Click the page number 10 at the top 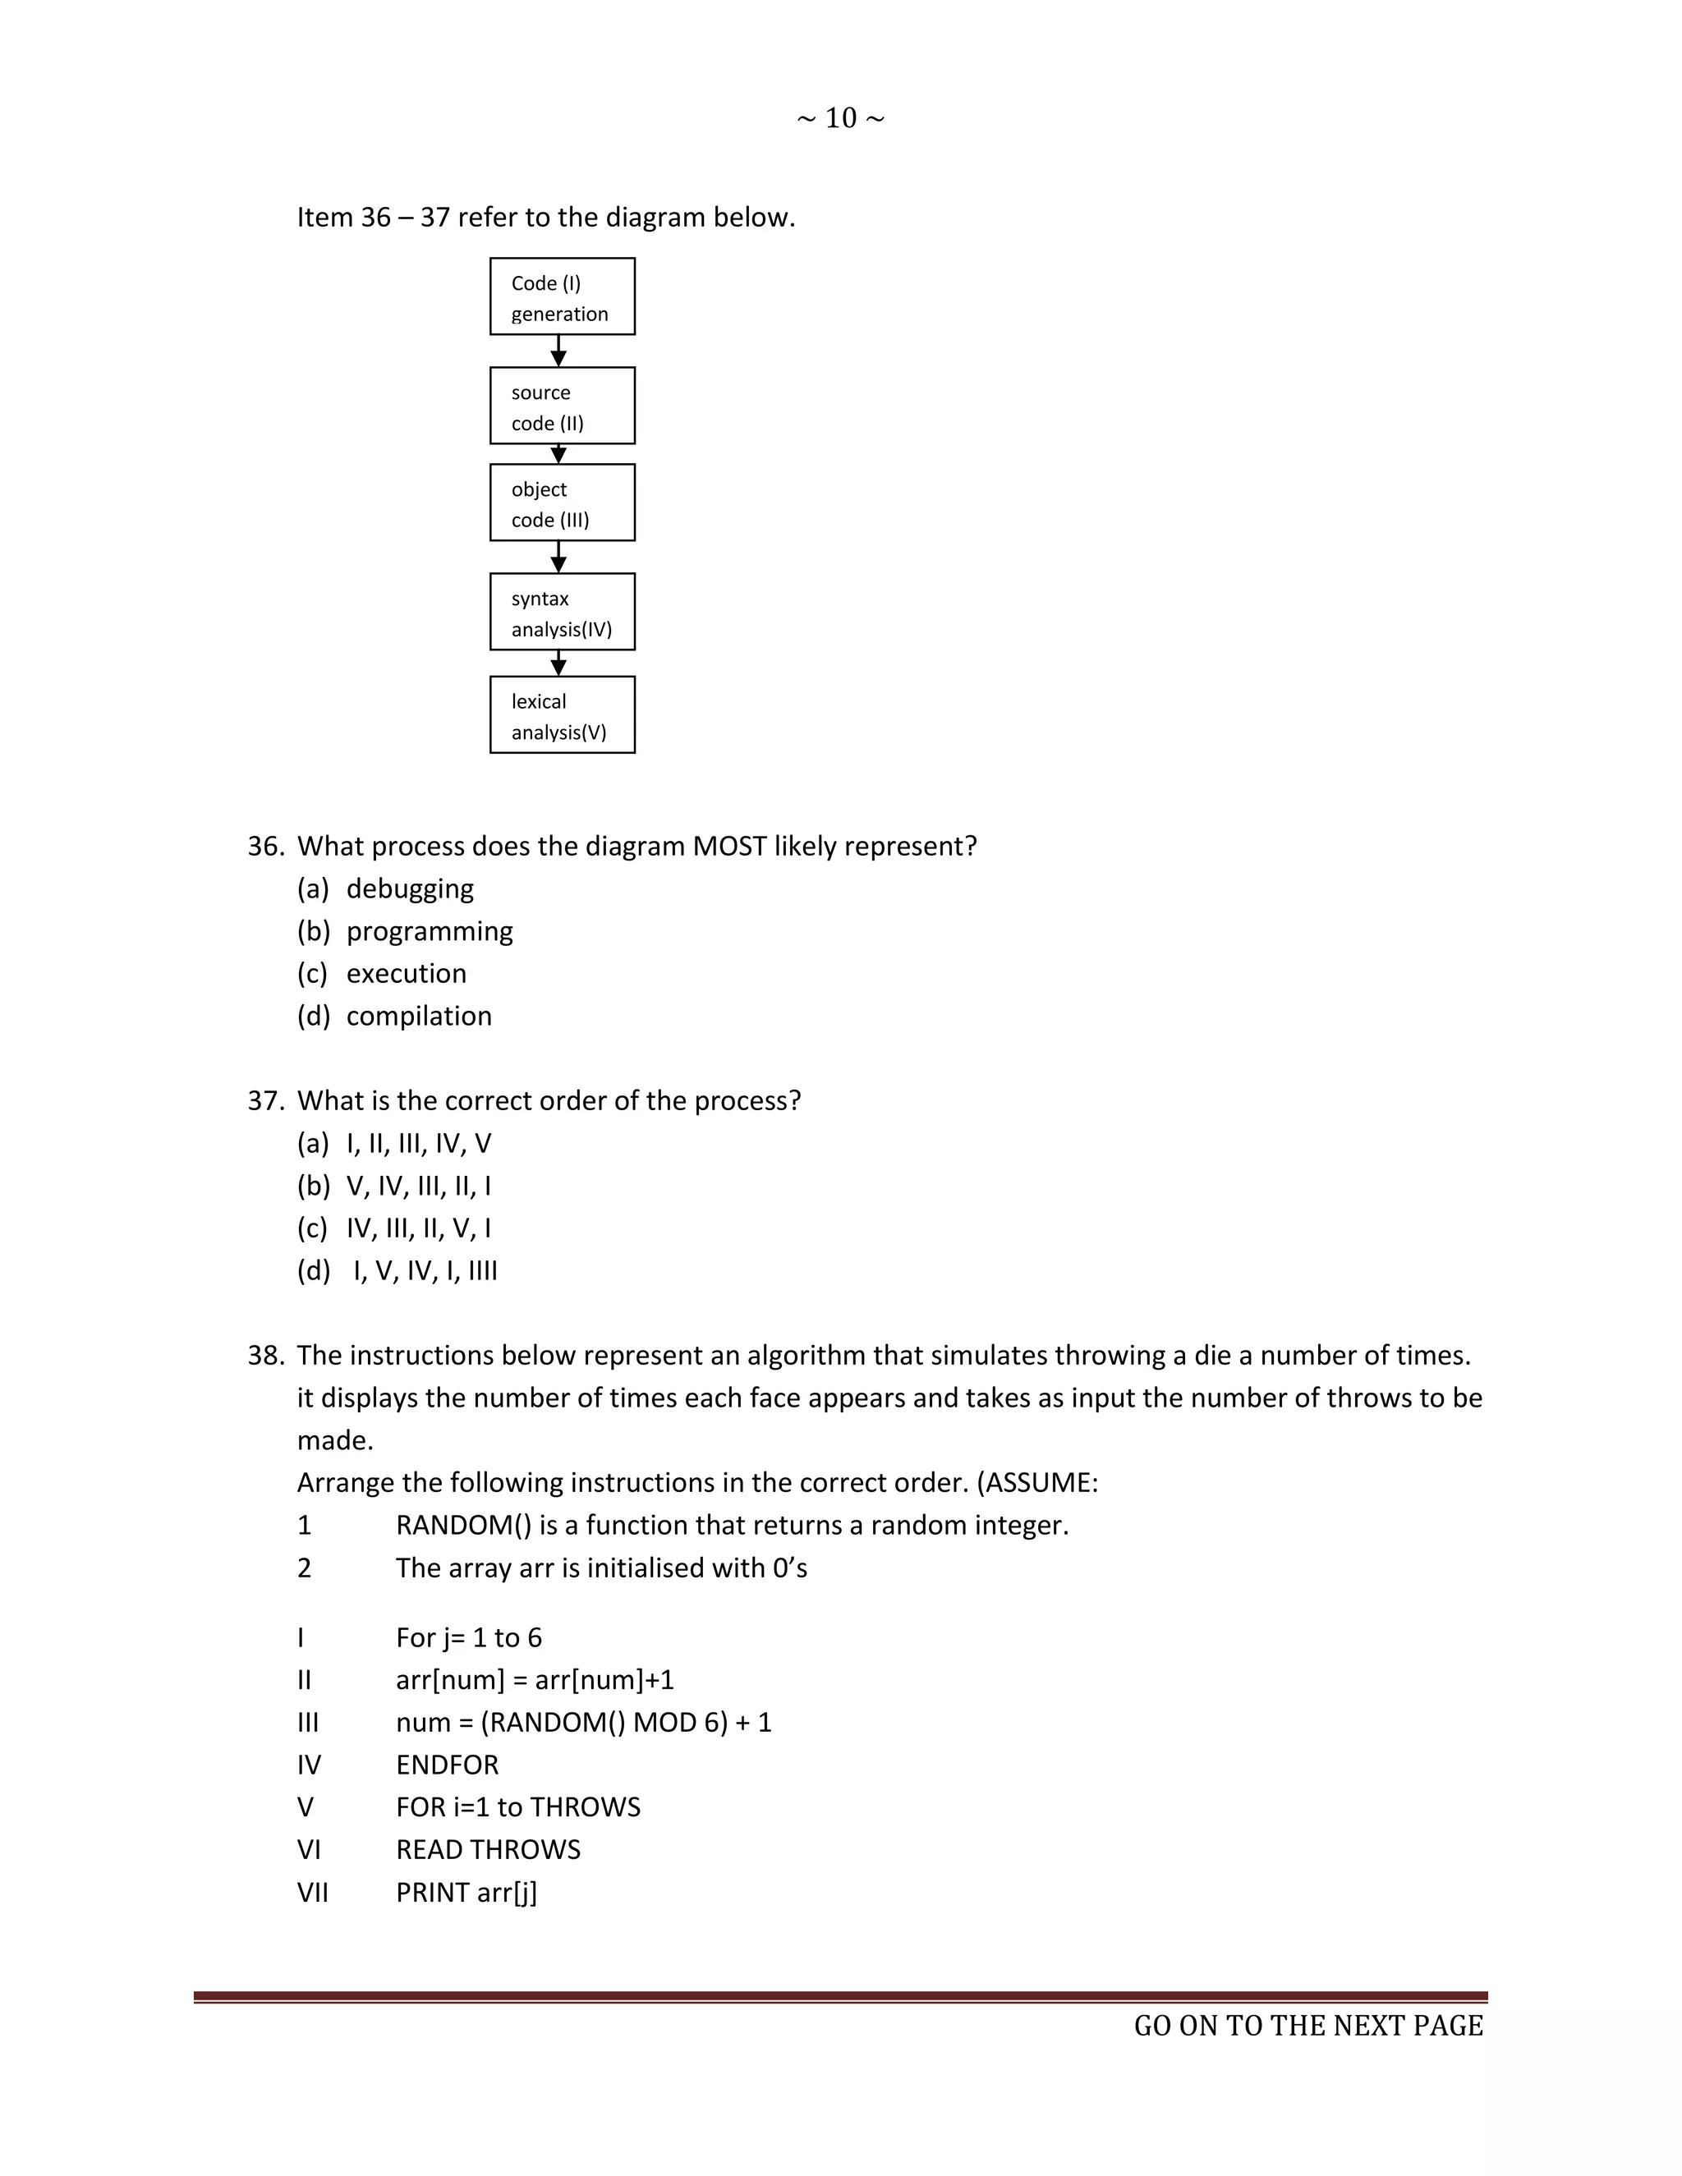(x=840, y=118)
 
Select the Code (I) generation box (x=562, y=297)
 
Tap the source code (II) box (x=562, y=406)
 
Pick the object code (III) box (x=562, y=503)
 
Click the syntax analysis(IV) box (x=562, y=613)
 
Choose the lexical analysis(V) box (x=562, y=715)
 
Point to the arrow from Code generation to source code (x=559, y=351)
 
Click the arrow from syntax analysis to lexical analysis (x=559, y=663)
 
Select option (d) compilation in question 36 (x=419, y=1017)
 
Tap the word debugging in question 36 (x=410, y=888)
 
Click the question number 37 (x=265, y=1101)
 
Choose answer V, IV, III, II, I (x=419, y=1186)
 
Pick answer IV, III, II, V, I (x=419, y=1228)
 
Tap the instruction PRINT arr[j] (x=466, y=1893)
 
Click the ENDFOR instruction (x=447, y=1765)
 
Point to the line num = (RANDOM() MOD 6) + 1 (x=583, y=1723)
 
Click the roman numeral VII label (x=312, y=1893)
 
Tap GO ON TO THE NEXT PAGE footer (x=1307, y=2027)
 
